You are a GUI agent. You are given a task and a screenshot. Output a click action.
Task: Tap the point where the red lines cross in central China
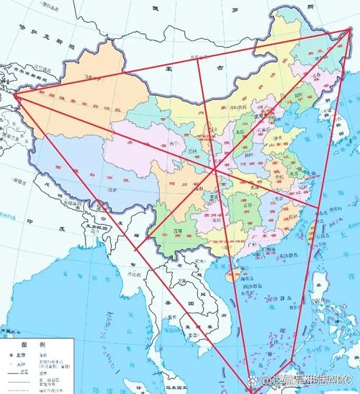215,170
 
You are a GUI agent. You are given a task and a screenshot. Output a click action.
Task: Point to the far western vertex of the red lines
13,94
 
